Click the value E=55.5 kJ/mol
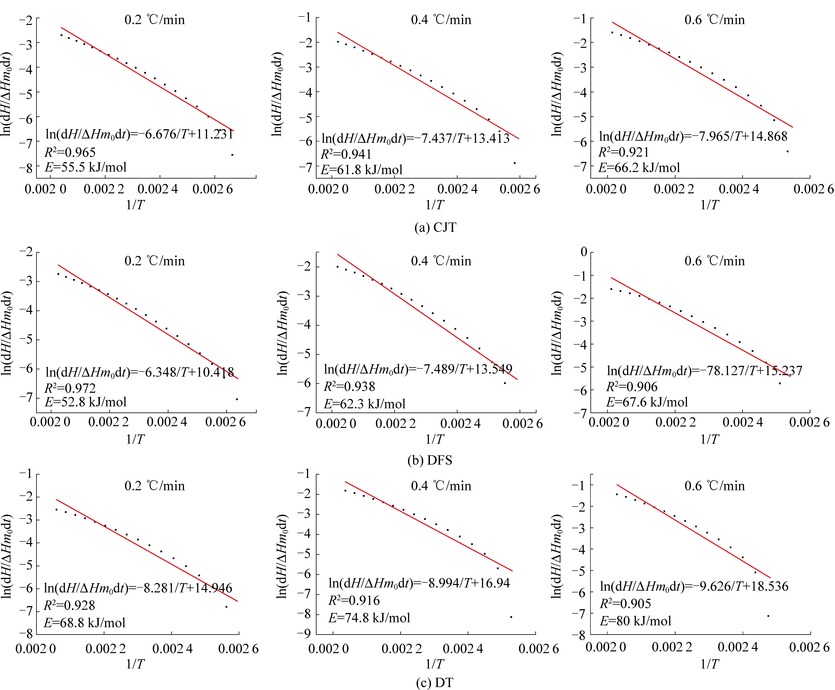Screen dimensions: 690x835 [86, 167]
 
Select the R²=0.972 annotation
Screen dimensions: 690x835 [70, 388]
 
